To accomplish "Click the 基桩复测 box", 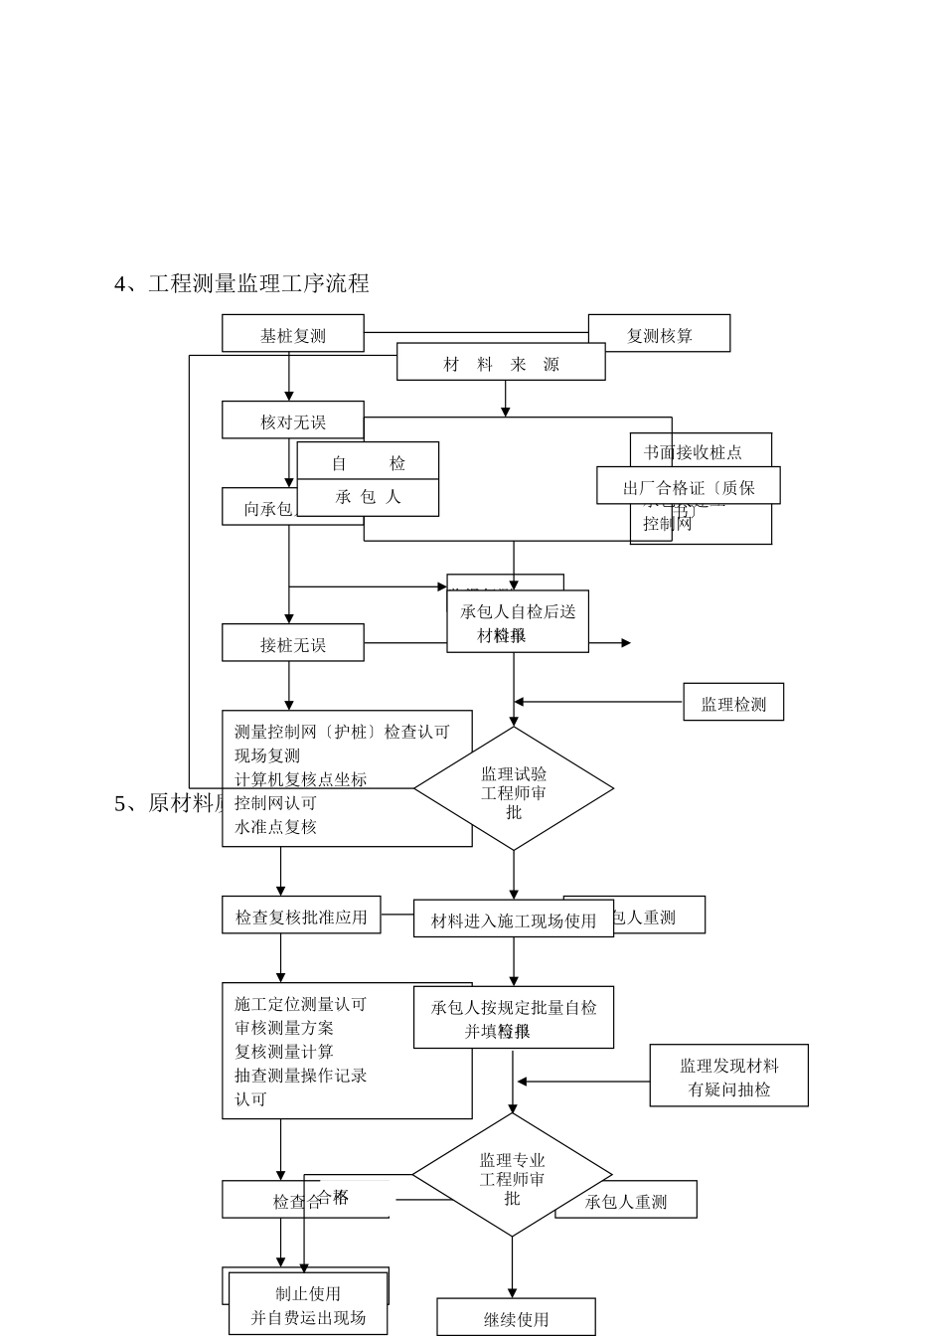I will [x=292, y=334].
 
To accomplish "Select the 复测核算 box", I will [x=659, y=334].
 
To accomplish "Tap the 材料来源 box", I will [x=501, y=363].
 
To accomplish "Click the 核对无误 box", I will [x=292, y=420].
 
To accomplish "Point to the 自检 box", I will [x=368, y=461].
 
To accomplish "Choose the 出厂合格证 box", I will [x=688, y=486].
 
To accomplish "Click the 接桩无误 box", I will [x=292, y=643].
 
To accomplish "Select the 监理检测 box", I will [x=733, y=703].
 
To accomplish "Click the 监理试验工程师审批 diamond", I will [x=514, y=789].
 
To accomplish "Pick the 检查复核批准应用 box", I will [x=300, y=916].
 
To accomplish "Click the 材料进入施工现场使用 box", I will [x=513, y=919].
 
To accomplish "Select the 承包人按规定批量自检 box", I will [x=513, y=1017].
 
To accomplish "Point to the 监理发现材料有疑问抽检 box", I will [x=728, y=1076].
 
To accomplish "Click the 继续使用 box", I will [x=516, y=1318].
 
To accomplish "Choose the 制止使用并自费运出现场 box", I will [x=308, y=1304].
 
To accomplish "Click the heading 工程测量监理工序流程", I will [x=258, y=284].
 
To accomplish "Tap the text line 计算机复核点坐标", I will [x=300, y=779].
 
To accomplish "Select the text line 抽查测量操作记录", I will [x=300, y=1076].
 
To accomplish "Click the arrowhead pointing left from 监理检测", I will [x=519, y=703].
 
